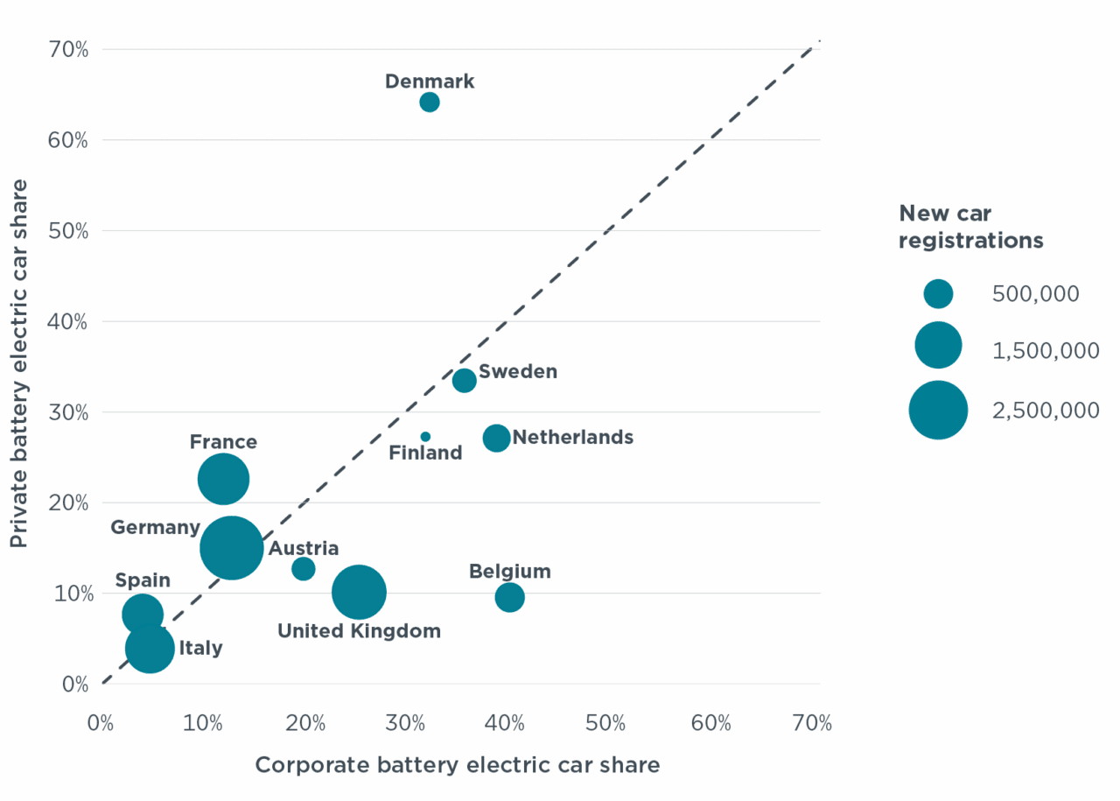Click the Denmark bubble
(x=429, y=102)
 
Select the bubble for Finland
(x=425, y=437)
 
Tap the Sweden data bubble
(x=465, y=381)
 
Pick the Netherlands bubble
(x=496, y=439)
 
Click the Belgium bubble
(x=509, y=598)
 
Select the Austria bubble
(x=303, y=569)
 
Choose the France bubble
(x=223, y=479)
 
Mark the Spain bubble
(x=142, y=615)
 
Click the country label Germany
(x=156, y=528)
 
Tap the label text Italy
(x=200, y=649)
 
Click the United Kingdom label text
(x=359, y=631)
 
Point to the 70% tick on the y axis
(x=69, y=49)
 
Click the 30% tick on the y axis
(x=69, y=411)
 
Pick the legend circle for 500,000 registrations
(x=938, y=294)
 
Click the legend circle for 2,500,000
(x=938, y=410)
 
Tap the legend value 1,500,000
(x=1046, y=352)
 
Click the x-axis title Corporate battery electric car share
(x=457, y=765)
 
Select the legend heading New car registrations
(x=971, y=227)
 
